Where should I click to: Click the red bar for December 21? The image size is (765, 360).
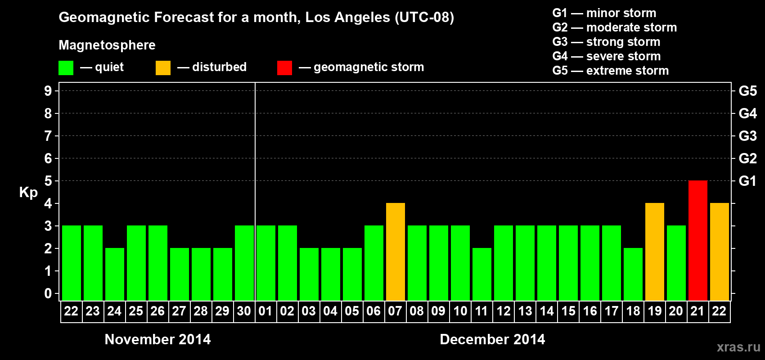(697, 240)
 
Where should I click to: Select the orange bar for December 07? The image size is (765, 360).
(396, 252)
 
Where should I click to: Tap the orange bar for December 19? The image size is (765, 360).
(654, 252)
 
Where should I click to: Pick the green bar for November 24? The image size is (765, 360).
(115, 274)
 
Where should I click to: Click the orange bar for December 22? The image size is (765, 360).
(719, 252)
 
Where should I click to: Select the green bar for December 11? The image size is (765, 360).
(482, 274)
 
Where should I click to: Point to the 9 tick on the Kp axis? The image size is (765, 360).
(48, 91)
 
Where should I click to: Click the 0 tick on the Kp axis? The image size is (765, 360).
(48, 293)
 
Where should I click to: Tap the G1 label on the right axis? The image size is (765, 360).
(747, 181)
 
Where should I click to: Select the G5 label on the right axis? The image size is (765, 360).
(747, 91)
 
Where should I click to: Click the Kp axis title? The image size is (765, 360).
(28, 192)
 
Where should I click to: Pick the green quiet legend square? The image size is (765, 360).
(66, 68)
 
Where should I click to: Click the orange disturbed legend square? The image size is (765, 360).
(163, 68)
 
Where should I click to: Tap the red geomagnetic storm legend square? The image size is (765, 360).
(284, 68)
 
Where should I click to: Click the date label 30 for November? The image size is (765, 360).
(244, 311)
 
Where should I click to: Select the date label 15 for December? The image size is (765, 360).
(568, 311)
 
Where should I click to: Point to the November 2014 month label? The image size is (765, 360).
(157, 339)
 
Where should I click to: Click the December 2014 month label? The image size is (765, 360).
(492, 339)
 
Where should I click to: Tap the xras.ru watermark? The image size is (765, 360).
(738, 347)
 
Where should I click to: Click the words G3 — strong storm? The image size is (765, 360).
(606, 42)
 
